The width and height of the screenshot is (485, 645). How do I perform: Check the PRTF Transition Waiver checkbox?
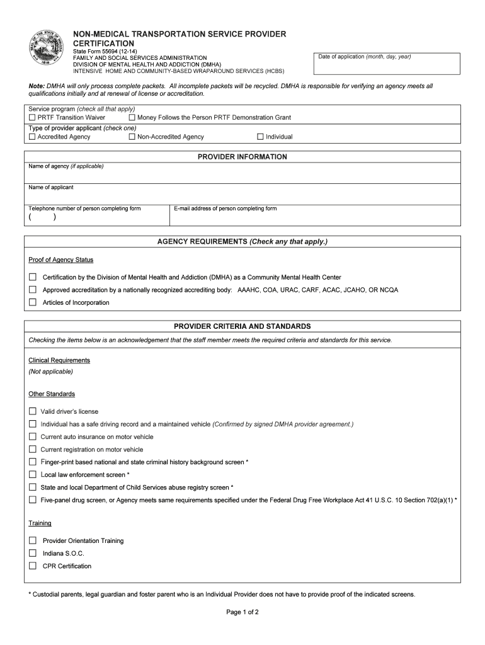(32, 118)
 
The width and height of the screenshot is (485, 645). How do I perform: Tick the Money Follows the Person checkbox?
(132, 118)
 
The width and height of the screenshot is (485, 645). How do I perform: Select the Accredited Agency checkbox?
(32, 137)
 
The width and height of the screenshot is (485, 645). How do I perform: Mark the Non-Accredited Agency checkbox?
(132, 137)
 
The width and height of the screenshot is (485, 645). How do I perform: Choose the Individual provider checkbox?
(260, 137)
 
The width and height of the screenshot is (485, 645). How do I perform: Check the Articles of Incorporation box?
(33, 302)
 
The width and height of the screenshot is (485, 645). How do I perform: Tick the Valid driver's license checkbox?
(33, 411)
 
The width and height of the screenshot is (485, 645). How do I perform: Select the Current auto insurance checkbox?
(33, 437)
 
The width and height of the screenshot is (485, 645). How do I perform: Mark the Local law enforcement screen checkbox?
(33, 474)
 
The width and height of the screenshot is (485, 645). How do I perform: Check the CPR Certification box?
(33, 566)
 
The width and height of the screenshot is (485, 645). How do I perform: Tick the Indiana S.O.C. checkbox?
(33, 553)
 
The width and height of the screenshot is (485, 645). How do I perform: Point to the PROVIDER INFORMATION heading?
(243, 157)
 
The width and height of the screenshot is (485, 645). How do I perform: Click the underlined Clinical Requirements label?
(59, 360)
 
